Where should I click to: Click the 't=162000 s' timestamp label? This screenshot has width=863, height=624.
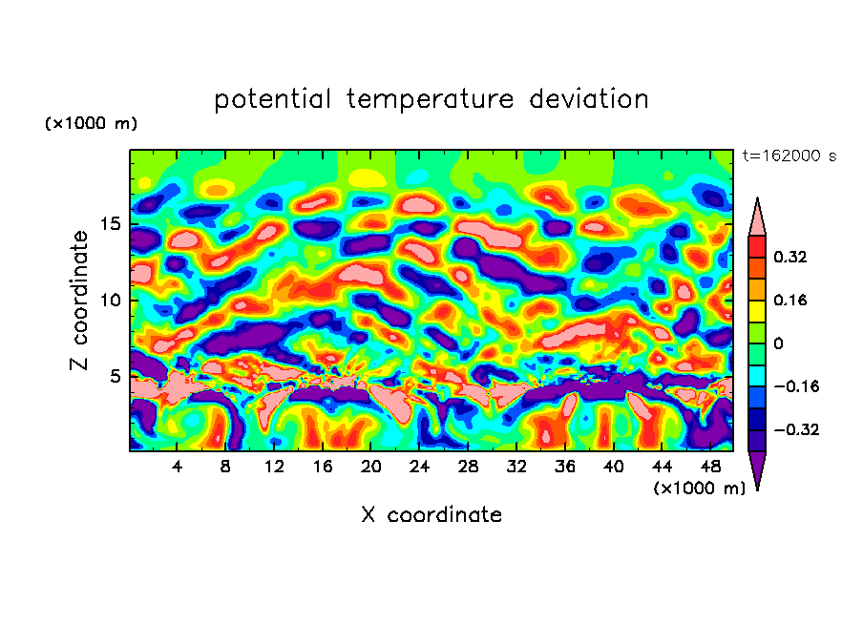789,156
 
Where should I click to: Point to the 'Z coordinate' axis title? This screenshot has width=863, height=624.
80,301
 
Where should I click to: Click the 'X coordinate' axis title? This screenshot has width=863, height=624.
431,515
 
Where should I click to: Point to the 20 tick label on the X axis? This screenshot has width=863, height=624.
371,467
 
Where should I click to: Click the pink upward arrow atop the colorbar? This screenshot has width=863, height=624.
757,217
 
